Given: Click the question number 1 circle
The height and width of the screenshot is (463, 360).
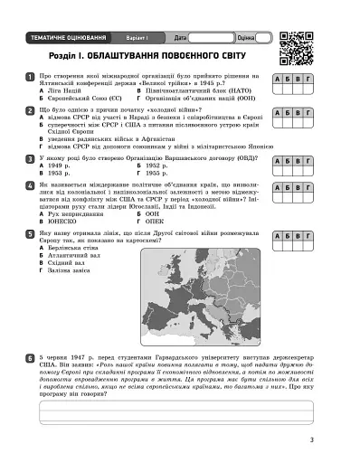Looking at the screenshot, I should [x=32, y=78].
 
